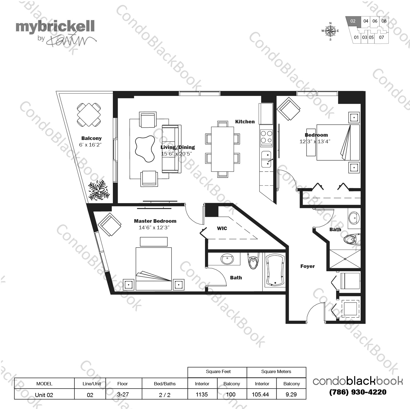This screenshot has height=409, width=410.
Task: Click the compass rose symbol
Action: tap(330, 31)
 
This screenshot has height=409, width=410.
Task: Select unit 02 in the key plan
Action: tap(353, 21)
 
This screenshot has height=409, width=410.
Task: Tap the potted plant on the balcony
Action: tap(98, 190)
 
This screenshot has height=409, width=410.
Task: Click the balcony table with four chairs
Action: tap(89, 115)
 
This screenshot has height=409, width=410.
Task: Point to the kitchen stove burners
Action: tap(266, 137)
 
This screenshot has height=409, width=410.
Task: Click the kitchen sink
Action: tap(266, 159)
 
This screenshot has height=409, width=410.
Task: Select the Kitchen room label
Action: tap(245, 122)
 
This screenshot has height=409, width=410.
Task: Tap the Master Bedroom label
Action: tap(155, 221)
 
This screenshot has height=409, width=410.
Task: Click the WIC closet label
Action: tap(222, 228)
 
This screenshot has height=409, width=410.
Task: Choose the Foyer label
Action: tap(307, 266)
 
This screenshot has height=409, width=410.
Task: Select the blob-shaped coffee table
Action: tap(144, 149)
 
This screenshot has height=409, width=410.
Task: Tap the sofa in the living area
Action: tap(171, 149)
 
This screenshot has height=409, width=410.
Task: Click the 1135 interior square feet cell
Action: tap(202, 394)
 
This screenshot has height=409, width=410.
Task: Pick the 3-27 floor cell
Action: tap(123, 394)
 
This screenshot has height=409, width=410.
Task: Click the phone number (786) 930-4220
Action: tap(358, 392)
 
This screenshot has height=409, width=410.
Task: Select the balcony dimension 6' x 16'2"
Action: tap(90, 145)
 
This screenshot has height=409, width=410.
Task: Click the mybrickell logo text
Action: tap(55, 27)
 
